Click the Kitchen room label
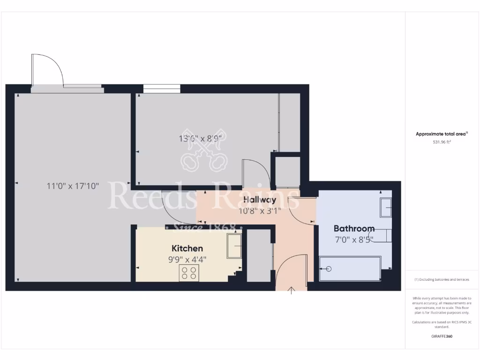click(187, 248)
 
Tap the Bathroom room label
click(354, 229)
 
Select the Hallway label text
click(259, 200)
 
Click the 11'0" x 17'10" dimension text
click(73, 186)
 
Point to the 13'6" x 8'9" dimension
click(200, 138)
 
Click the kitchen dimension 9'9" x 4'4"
click(187, 259)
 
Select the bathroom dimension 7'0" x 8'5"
click(354, 240)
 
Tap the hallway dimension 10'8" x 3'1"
click(259, 211)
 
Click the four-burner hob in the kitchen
click(189, 273)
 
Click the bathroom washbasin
click(386, 208)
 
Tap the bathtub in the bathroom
click(350, 269)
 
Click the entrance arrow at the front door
click(292, 290)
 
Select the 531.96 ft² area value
click(442, 142)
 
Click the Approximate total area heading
click(442, 134)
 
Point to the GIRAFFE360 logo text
click(442, 336)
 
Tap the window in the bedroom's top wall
click(162, 88)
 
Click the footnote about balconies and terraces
click(442, 279)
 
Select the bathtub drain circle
click(328, 269)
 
